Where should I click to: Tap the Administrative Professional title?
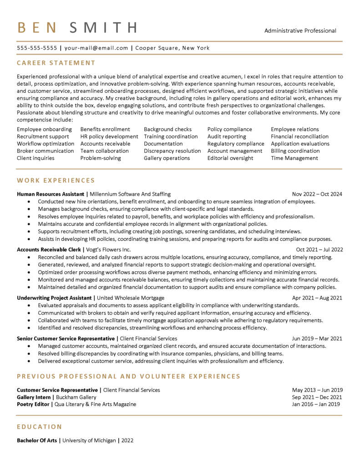[x=300, y=31]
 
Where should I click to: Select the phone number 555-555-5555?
[x=37, y=48]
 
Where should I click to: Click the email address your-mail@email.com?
[x=96, y=48]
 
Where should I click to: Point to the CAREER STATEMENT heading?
[x=56, y=63]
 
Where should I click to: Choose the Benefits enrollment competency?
[x=105, y=129]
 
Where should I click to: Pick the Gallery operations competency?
[x=167, y=158]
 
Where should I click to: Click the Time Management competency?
[x=294, y=158]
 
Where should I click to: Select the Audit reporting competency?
[x=227, y=137]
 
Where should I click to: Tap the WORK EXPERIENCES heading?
[x=56, y=181]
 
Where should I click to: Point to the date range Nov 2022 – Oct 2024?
[x=317, y=194]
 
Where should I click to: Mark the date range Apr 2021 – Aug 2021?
[x=317, y=298]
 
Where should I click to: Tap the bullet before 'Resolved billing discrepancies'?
[x=30, y=354]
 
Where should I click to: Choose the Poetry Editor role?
[x=33, y=404]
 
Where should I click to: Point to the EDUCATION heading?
[x=39, y=427]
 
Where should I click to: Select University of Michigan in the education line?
[x=89, y=441]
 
